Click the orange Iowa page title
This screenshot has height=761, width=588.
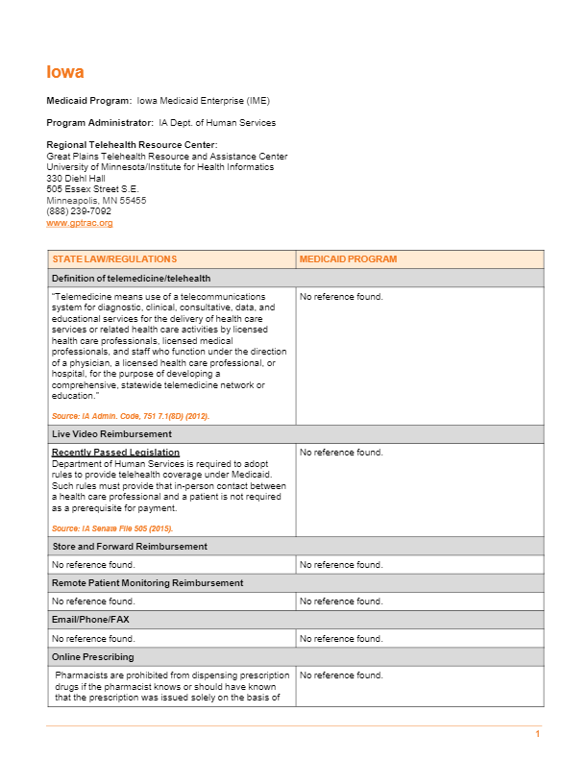65,72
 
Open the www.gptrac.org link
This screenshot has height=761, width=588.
80,223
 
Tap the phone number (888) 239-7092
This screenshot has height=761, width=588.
79,211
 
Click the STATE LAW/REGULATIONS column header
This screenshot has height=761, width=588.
114,259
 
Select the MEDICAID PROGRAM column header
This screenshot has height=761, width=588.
348,259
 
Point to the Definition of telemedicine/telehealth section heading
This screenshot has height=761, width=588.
131,278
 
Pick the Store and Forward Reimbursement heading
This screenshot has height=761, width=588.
130,547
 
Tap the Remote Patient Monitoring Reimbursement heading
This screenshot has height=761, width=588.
147,583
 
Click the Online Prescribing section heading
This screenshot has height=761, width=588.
93,656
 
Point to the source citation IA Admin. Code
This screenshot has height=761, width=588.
131,416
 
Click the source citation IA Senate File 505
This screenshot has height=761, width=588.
112,528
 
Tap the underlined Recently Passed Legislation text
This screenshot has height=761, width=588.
115,453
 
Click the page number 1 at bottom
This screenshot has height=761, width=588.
538,734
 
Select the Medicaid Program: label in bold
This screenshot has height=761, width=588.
89,100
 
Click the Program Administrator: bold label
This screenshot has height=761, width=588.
100,123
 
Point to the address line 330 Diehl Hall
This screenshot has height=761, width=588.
76,179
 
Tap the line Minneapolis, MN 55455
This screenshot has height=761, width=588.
96,201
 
